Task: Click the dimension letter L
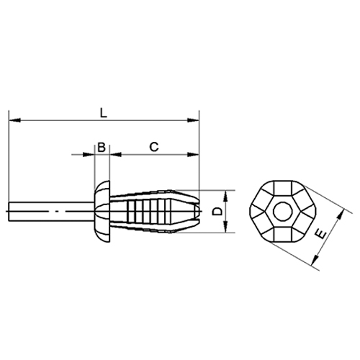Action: pos(104,112)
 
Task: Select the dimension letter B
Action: pos(102,146)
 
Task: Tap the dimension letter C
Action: pos(153,146)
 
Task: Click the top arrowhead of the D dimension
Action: pos(227,194)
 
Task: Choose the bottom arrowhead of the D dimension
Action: pos(227,229)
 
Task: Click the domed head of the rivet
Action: pos(100,212)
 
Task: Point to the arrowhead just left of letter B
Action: pos(91,154)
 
